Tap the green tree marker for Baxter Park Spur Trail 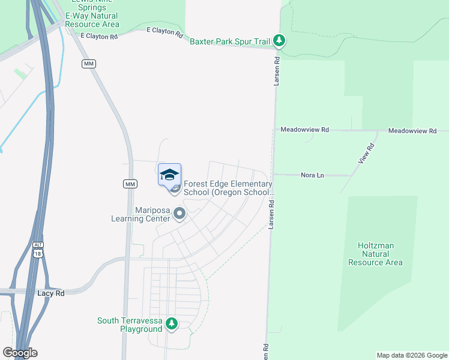coord(279,41)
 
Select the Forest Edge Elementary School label coord(228,188)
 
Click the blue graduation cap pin coord(169,175)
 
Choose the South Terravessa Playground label coord(130,325)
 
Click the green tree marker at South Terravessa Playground coord(172,324)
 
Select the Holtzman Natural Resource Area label coord(375,254)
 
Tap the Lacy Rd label coord(50,293)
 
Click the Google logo coord(20,353)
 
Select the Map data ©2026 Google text coord(412,355)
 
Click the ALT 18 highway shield coord(38,250)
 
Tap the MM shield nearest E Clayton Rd coord(89,64)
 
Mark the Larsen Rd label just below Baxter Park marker coord(277,71)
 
